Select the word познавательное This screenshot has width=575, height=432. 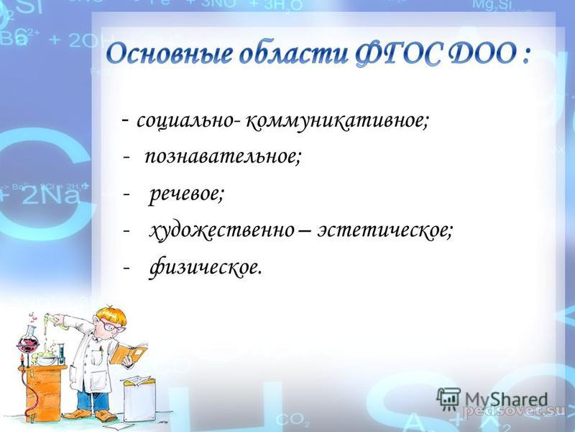224,157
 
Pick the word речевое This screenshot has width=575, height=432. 186,194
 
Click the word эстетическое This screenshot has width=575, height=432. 385,230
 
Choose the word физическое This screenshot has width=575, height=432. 206,267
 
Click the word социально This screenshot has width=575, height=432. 185,120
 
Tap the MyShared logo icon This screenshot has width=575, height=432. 448,399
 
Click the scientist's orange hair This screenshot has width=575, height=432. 112,315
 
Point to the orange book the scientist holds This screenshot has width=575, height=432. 129,354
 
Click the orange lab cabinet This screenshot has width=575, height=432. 43,393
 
